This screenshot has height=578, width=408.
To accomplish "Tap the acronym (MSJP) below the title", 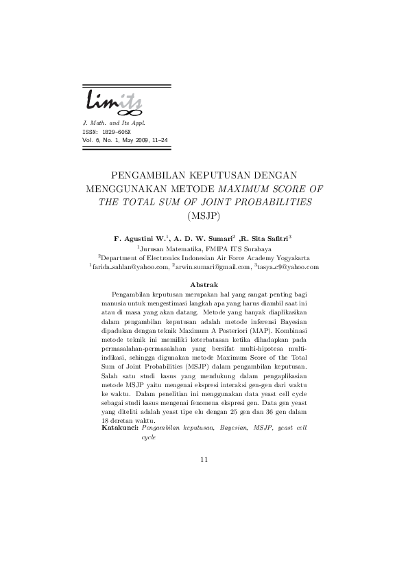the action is (204, 216).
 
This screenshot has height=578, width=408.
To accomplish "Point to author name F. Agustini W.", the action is (141, 237).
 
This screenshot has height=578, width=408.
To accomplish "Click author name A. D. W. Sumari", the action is (204, 237).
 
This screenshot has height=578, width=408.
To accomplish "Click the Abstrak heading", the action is (204, 284).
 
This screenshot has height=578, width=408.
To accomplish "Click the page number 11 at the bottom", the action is (204, 459).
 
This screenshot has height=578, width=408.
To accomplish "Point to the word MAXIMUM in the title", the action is (245, 187).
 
